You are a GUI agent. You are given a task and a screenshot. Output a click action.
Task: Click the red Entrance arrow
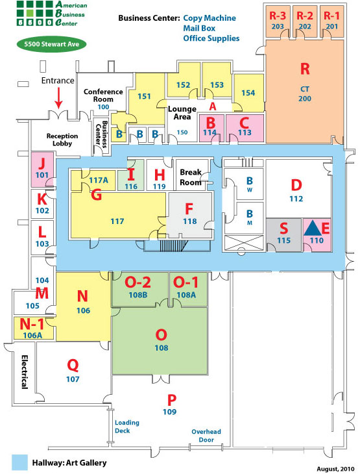(58, 97)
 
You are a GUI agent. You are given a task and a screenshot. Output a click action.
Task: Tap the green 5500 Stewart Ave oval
(51, 44)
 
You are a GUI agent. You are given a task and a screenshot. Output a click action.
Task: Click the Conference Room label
(103, 95)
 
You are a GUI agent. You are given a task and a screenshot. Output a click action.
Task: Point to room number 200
(305, 99)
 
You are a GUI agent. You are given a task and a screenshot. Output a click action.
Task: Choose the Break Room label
(191, 177)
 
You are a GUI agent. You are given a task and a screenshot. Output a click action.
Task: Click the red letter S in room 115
(284, 228)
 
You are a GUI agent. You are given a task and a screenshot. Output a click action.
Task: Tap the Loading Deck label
(127, 427)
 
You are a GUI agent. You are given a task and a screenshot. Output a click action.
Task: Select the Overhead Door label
(206, 436)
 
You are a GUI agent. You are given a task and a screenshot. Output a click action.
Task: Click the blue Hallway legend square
(19, 462)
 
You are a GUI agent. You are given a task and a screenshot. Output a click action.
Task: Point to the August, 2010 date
(335, 469)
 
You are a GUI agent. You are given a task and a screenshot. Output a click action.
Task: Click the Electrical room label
(25, 371)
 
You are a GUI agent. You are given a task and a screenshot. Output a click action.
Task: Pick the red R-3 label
(278, 16)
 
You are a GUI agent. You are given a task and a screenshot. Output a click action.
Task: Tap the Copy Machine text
(210, 18)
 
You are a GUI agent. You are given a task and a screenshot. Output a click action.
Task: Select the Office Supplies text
(211, 38)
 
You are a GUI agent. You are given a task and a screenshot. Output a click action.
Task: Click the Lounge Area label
(182, 113)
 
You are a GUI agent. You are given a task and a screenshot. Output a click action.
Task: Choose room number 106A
(32, 335)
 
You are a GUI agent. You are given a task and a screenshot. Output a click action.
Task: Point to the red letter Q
(73, 366)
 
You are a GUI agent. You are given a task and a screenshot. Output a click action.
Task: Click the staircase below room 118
(174, 245)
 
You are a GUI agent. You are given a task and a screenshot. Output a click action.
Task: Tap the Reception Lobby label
(62, 140)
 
